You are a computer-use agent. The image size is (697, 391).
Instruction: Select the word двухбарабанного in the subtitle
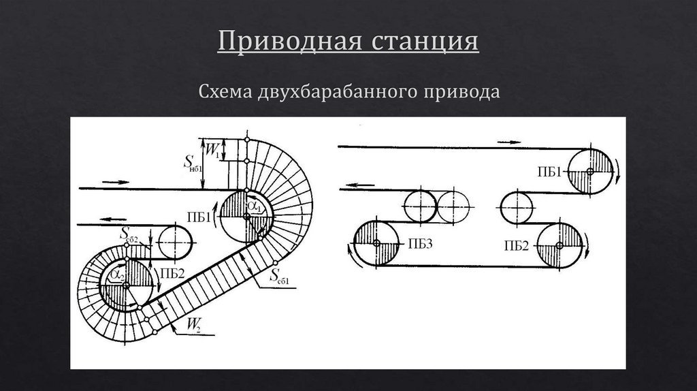point(335,91)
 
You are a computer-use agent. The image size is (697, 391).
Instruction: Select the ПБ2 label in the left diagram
point(170,274)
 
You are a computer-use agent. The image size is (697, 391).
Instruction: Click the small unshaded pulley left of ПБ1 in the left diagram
point(176,240)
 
